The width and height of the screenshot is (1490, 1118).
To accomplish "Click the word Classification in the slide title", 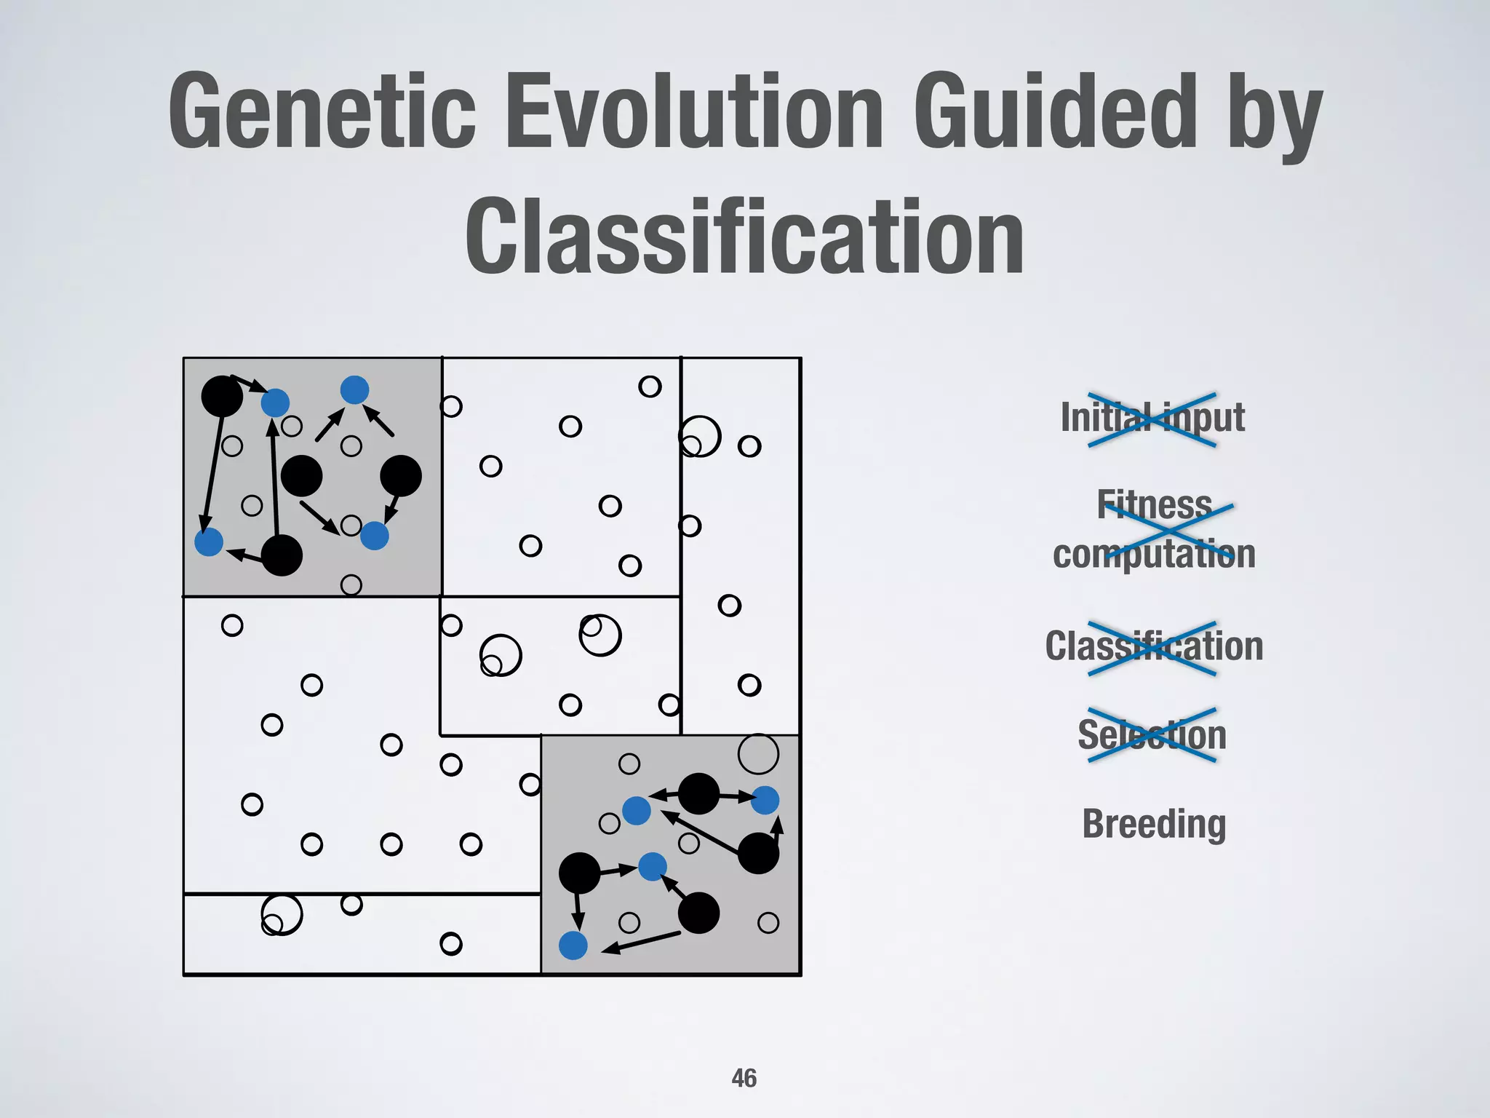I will (x=744, y=238).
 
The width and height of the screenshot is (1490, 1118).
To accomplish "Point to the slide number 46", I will (x=744, y=1078).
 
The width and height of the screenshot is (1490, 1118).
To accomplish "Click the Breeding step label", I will (x=1154, y=824).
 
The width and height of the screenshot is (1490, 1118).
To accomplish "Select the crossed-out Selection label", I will (x=1152, y=734).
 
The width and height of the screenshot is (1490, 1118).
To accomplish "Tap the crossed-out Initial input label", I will (x=1152, y=418).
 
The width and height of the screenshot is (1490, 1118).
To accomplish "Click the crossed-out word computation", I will (x=1154, y=555).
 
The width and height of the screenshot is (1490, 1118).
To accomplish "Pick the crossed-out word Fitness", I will (x=1154, y=504).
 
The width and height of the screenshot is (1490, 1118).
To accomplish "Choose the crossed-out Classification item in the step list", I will (x=1154, y=646).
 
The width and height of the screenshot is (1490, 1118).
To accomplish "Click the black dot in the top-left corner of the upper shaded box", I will (x=222, y=397).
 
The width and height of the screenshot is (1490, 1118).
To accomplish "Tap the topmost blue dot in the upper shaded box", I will (x=354, y=390).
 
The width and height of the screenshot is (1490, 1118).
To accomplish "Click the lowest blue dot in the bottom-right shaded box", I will (x=573, y=945).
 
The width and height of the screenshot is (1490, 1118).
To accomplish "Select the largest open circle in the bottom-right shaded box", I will (x=758, y=754).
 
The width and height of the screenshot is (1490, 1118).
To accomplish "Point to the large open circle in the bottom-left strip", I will (x=282, y=914).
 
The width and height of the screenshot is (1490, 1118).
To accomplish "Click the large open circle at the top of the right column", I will (x=701, y=436).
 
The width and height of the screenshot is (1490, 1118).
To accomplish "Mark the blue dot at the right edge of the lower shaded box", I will (x=765, y=800).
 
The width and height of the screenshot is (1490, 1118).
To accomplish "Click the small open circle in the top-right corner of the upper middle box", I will (x=650, y=386).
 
